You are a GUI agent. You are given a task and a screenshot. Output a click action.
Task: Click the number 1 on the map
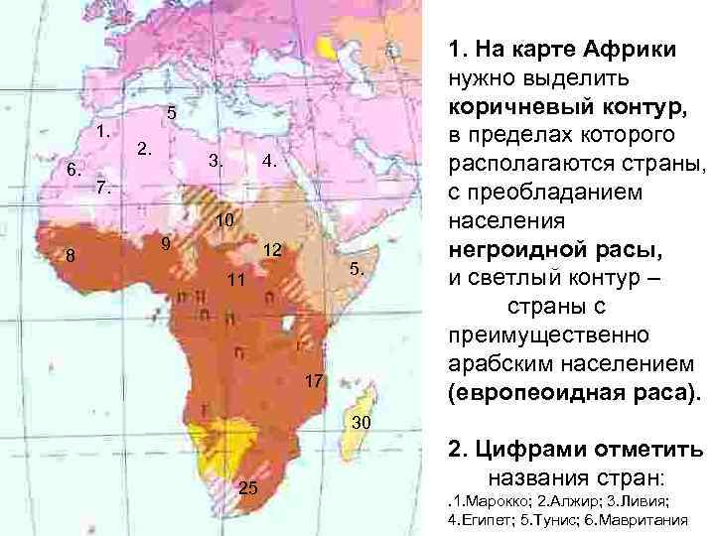pyautogui.click(x=102, y=133)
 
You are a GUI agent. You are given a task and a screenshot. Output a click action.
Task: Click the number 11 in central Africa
pyautogui.click(x=234, y=281)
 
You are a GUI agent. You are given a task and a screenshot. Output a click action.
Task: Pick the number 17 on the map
pyautogui.click(x=314, y=381)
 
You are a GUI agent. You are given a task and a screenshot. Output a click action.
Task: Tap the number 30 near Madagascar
pyautogui.click(x=362, y=424)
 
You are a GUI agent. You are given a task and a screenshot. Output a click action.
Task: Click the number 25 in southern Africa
pyautogui.click(x=249, y=487)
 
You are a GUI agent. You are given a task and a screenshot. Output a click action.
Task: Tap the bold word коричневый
pyautogui.click(x=524, y=105)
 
